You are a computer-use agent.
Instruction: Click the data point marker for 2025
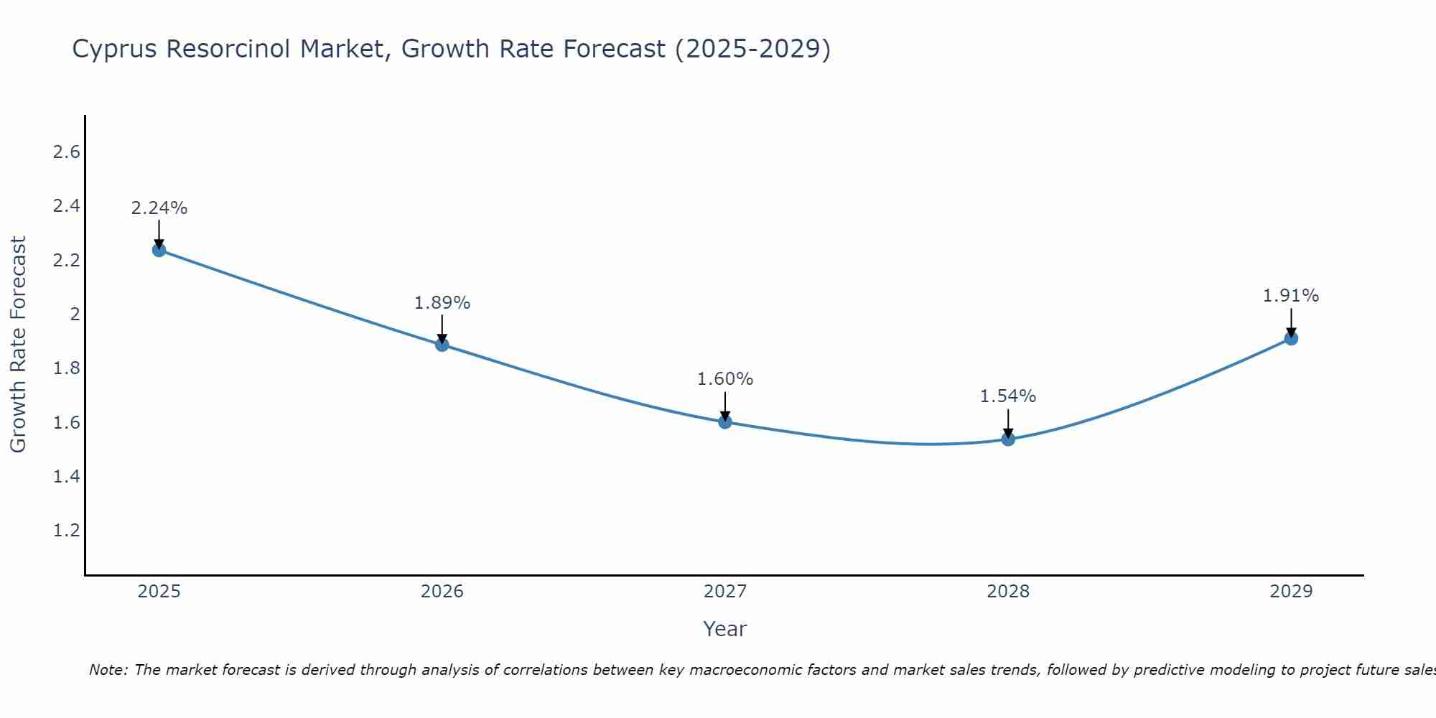click(159, 250)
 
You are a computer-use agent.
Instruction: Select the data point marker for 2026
click(442, 345)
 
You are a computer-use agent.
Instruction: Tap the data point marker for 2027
click(724, 422)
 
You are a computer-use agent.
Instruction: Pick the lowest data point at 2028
click(1008, 439)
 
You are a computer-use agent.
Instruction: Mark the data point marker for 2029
click(1291, 338)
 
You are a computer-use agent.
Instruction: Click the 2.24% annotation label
click(159, 208)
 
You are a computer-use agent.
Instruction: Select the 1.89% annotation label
click(442, 303)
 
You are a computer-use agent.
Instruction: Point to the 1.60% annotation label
click(724, 379)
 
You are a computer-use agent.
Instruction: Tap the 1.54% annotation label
click(1008, 396)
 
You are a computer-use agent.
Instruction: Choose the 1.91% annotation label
click(1291, 296)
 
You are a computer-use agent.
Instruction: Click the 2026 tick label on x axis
click(442, 592)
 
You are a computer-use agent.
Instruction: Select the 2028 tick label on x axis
click(1008, 592)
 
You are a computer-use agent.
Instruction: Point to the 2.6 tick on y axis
click(66, 152)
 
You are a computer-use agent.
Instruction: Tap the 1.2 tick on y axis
click(66, 531)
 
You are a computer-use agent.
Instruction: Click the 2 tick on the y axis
click(74, 314)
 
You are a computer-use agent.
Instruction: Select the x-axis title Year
click(724, 629)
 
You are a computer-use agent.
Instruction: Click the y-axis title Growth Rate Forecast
click(18, 344)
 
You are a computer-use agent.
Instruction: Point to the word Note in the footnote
click(108, 670)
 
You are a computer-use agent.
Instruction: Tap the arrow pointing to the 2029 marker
click(1291, 323)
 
